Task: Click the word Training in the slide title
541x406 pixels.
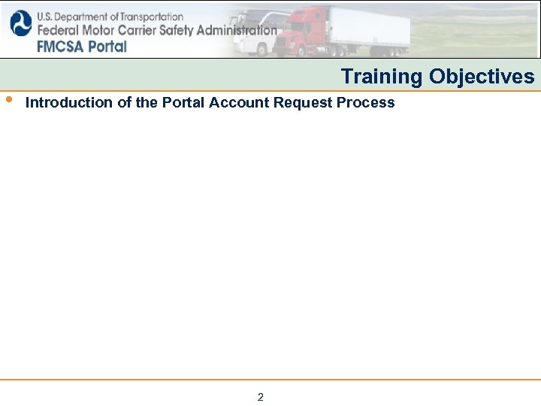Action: click(382, 77)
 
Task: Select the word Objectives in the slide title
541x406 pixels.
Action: click(482, 77)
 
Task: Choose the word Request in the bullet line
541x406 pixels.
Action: click(303, 103)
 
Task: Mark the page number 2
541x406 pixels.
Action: click(261, 397)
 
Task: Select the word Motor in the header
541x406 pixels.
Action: click(93, 31)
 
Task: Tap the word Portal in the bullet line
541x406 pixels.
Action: click(184, 103)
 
